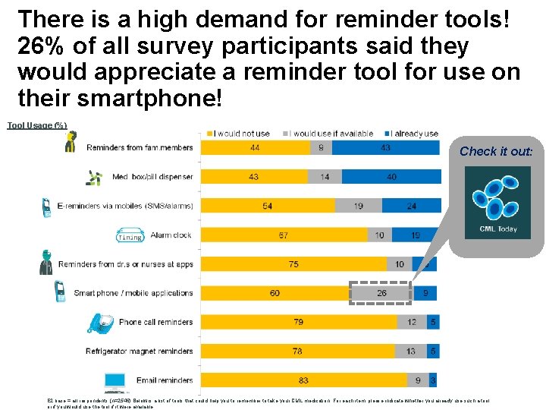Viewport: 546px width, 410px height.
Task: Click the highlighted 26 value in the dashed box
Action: coord(380,293)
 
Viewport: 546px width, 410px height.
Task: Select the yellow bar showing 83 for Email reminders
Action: coord(303,380)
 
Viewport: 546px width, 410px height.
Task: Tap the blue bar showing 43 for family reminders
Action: coord(386,147)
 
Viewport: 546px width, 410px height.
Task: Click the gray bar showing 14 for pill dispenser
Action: coord(325,177)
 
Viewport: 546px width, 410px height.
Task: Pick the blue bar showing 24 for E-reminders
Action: coord(411,206)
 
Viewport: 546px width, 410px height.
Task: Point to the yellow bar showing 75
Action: coord(293,264)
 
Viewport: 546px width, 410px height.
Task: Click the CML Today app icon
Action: coord(497,202)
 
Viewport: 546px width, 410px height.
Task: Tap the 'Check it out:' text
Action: coord(496,151)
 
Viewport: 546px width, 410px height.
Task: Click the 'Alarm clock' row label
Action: coord(171,235)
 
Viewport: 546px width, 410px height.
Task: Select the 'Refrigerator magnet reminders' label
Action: coord(140,352)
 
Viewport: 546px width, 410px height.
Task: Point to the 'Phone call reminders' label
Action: coord(156,322)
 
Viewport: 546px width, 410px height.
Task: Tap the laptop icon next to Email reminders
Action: coord(116,380)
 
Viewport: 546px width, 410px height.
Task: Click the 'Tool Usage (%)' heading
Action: coord(37,125)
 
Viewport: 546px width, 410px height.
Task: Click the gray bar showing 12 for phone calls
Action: coord(412,323)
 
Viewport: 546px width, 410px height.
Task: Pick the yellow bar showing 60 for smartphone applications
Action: coord(275,293)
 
